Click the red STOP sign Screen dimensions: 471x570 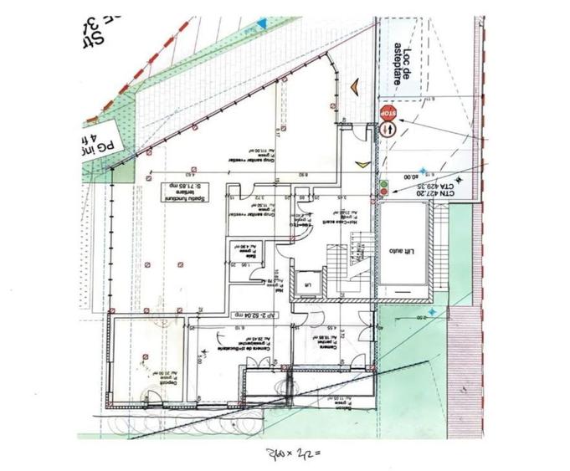point(388,111)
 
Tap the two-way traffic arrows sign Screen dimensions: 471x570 point(388,130)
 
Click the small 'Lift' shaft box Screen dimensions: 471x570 point(307,283)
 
